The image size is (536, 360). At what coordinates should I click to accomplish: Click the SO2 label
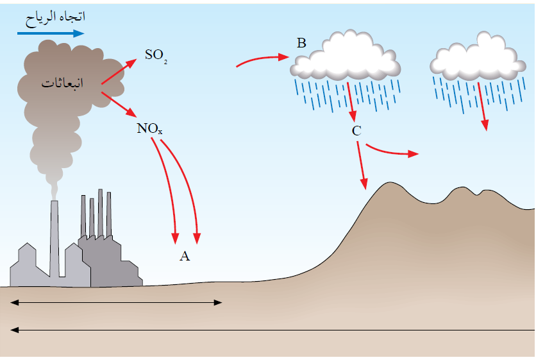[x=155, y=56]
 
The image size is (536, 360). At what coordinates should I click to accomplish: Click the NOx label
[x=150, y=128]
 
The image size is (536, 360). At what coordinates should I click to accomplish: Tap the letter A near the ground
[x=185, y=257]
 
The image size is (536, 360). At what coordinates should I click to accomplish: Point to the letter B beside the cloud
[x=301, y=44]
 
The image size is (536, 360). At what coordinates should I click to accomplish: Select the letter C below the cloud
[x=356, y=131]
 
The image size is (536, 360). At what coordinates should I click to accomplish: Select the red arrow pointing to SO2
[x=119, y=72]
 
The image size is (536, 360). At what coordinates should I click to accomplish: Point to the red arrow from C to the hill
[x=362, y=165]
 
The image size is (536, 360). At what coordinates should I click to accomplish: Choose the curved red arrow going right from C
[x=391, y=151]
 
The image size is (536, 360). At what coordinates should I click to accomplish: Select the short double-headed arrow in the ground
[x=116, y=302]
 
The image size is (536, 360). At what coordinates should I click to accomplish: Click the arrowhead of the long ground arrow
[x=14, y=330]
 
